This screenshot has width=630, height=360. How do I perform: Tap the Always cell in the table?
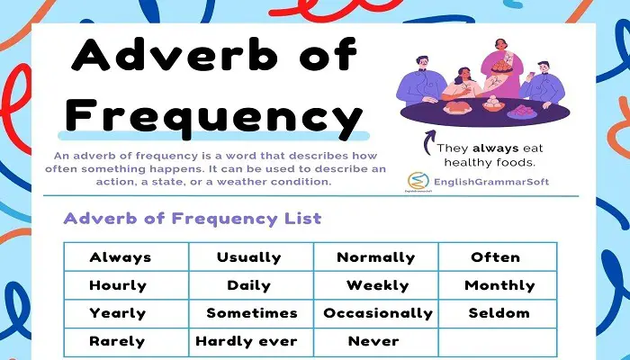[x=127, y=256]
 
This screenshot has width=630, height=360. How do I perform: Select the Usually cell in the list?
[x=251, y=256]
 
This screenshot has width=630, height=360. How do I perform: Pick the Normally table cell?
[x=376, y=256]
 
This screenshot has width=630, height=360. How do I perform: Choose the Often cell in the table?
[x=498, y=256]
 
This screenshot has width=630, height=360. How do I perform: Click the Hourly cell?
[x=127, y=285]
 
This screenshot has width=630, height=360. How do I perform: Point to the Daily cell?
[x=251, y=285]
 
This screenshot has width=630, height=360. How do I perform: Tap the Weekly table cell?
[x=376, y=285]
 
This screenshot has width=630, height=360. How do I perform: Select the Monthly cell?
[x=498, y=285]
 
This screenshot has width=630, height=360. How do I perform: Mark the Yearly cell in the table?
[x=127, y=313]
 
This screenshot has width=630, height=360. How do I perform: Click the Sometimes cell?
[x=251, y=313]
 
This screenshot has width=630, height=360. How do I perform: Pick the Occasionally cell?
[x=376, y=313]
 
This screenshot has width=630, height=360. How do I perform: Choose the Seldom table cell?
[x=498, y=313]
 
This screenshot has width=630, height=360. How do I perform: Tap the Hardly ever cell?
[x=251, y=342]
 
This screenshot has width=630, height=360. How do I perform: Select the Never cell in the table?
[x=376, y=342]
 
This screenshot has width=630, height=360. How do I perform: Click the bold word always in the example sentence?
[x=496, y=148]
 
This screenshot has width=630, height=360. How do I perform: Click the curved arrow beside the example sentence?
[x=428, y=142]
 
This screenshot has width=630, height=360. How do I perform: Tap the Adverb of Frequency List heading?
[x=193, y=219]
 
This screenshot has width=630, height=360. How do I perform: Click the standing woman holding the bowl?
[x=501, y=68]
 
